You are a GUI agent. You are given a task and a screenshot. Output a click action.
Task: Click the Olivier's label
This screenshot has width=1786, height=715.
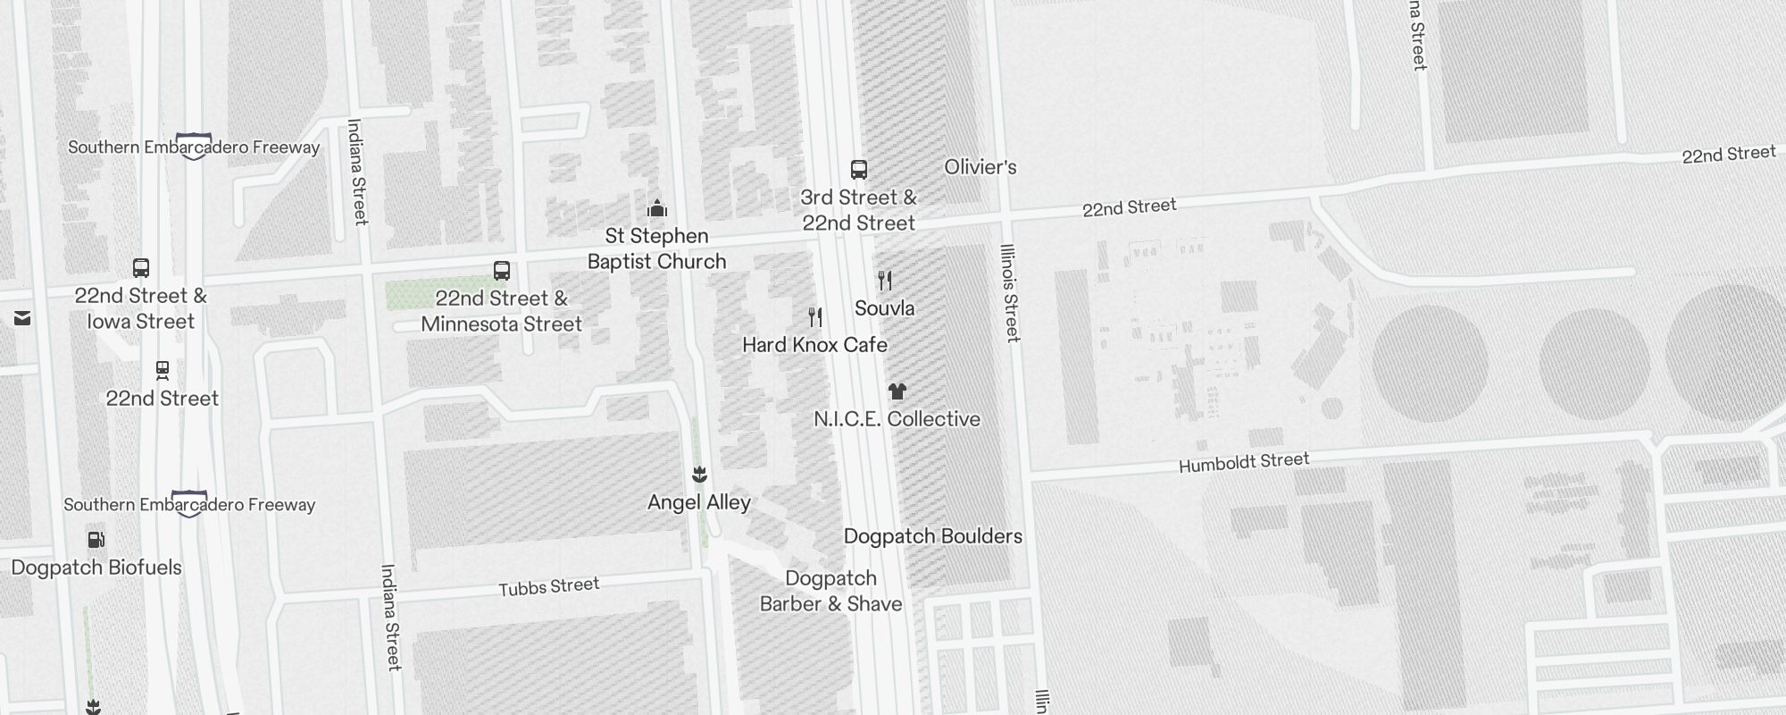[x=981, y=167]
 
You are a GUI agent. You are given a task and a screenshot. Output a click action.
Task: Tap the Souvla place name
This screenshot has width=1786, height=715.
[x=884, y=308]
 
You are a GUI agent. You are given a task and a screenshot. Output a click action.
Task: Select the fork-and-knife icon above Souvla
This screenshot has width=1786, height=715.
[x=885, y=281]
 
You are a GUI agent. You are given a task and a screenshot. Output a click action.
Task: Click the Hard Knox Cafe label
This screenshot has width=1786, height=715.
[x=814, y=345]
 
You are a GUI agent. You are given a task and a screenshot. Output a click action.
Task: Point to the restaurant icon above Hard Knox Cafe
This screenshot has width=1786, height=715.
[x=814, y=317]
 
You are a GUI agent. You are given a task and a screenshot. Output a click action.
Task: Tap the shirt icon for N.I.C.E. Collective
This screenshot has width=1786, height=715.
[x=897, y=391]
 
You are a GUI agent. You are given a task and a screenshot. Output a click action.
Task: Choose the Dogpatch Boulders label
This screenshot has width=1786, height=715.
[x=933, y=536]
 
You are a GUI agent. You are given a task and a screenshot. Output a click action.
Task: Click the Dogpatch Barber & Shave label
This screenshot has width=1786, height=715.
[x=831, y=592]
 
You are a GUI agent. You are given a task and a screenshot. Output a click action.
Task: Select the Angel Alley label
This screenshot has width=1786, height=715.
[x=699, y=502]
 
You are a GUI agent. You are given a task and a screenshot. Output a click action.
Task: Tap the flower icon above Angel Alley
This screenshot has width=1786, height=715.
[x=700, y=475]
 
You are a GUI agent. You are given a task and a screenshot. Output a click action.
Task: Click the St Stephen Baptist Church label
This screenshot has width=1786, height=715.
[x=657, y=248]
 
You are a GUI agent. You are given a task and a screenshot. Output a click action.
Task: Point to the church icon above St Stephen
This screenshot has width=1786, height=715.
[x=657, y=209]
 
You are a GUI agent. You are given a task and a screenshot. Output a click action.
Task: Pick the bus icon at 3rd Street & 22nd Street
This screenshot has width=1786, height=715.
[x=859, y=170]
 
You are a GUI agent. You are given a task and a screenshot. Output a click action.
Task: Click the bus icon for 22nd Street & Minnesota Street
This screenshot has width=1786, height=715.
[x=502, y=271]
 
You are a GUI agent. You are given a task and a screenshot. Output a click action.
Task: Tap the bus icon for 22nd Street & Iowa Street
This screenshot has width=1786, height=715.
[x=141, y=268]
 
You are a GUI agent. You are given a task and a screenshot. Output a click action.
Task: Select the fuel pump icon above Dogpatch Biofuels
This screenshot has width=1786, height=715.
[x=96, y=540]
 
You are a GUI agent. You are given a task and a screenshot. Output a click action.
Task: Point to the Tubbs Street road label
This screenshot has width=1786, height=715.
[x=549, y=587]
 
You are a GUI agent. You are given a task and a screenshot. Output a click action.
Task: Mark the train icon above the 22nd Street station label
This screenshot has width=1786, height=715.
[x=163, y=370]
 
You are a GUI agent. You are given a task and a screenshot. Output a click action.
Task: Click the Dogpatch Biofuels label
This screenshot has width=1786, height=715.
[x=96, y=568]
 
